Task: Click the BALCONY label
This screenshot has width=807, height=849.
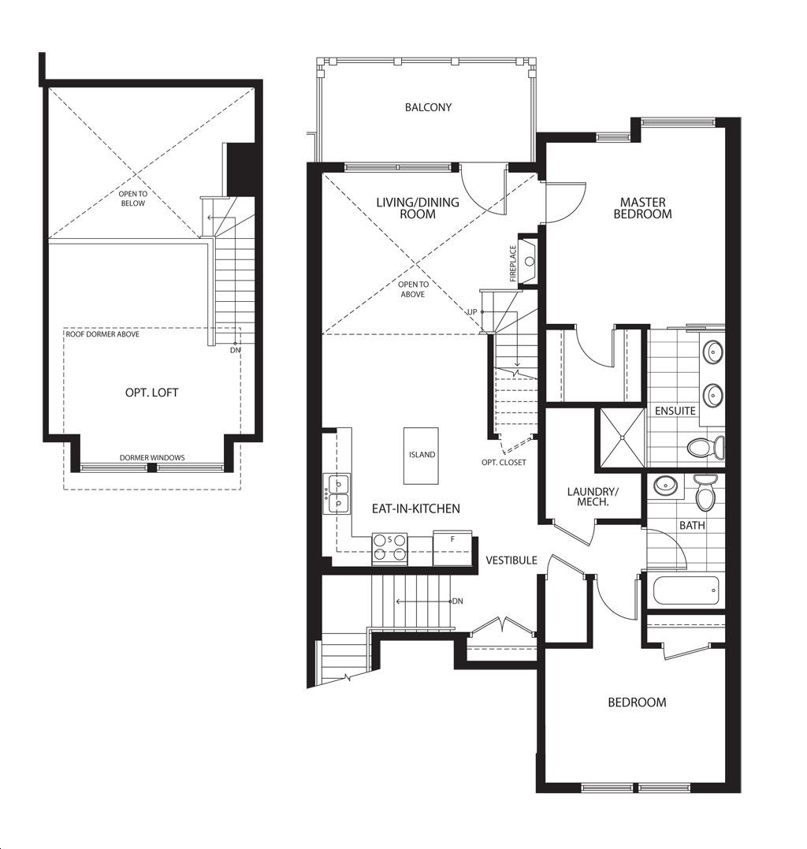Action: [x=428, y=107]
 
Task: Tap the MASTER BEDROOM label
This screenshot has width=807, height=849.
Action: [x=643, y=208]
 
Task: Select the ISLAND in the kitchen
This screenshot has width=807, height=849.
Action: [x=421, y=456]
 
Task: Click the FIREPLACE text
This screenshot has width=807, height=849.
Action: [x=513, y=264]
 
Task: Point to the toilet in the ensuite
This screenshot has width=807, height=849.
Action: [x=706, y=447]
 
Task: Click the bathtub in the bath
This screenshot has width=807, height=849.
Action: [x=686, y=590]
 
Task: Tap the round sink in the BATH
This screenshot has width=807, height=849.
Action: [x=664, y=485]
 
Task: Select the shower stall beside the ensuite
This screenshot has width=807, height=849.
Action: [x=622, y=438]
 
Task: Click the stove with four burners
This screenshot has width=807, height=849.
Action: [x=389, y=549]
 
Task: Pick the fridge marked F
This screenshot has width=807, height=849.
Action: [x=452, y=547]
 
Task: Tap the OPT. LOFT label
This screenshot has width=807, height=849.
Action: [x=151, y=393]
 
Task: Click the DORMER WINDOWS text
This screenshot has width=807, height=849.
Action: [x=152, y=457]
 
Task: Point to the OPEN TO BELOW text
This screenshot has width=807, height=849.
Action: [x=133, y=199]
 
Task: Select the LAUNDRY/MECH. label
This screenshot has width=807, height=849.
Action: [x=593, y=497]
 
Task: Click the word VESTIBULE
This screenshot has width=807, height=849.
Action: [x=511, y=560]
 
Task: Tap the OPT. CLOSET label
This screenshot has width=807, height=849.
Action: [x=504, y=463]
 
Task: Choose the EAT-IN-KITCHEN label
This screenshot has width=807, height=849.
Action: [x=415, y=508]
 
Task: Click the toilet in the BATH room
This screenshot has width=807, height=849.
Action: [x=705, y=493]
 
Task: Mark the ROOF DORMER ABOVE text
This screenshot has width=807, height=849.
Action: [x=102, y=334]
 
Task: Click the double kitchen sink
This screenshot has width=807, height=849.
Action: [x=337, y=493]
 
